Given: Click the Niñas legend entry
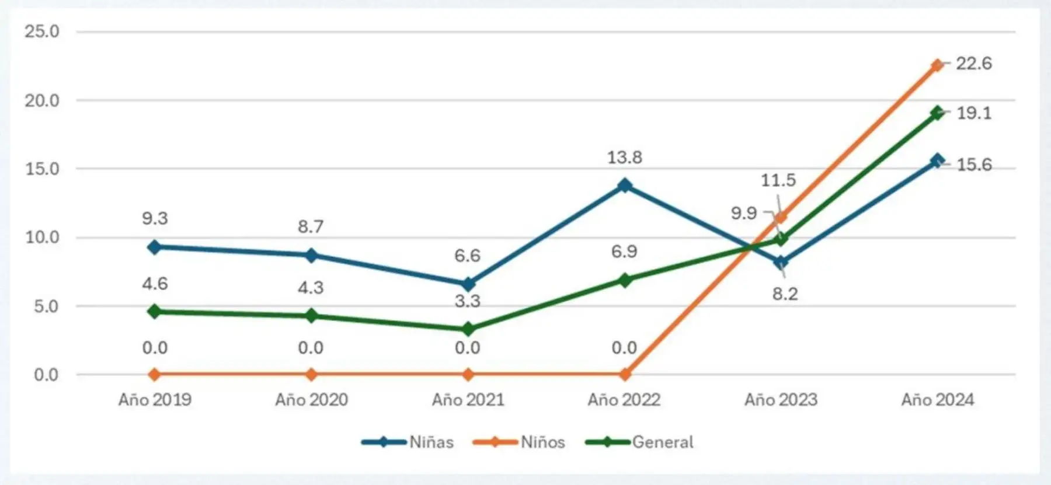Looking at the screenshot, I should [x=408, y=442].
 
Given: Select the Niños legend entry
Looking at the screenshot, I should [x=520, y=442].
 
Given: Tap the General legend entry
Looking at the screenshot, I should [x=640, y=442].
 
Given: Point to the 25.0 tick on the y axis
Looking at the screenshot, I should [x=42, y=32].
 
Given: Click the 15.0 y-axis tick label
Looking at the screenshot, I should [x=42, y=169].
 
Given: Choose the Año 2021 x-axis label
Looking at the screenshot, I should [x=468, y=400].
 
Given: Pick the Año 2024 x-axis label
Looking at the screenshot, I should [x=938, y=400].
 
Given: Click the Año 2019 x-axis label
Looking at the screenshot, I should [x=155, y=400].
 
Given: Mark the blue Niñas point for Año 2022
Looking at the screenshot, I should [x=625, y=186].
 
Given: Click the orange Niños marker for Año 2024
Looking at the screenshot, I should [x=937, y=65].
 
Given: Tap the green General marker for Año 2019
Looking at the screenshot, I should [x=155, y=311].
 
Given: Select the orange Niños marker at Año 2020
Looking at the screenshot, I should [x=311, y=374].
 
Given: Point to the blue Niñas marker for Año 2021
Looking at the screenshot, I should [x=468, y=284].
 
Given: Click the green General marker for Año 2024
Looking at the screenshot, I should [x=937, y=113].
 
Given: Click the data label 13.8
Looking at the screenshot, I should [x=624, y=158].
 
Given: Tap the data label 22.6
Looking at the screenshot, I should [x=973, y=63].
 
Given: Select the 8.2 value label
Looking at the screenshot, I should [x=785, y=294].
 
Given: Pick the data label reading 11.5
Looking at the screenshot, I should [x=778, y=180].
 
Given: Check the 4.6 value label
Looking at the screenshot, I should [x=155, y=284].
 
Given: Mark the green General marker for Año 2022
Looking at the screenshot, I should [x=625, y=280].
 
